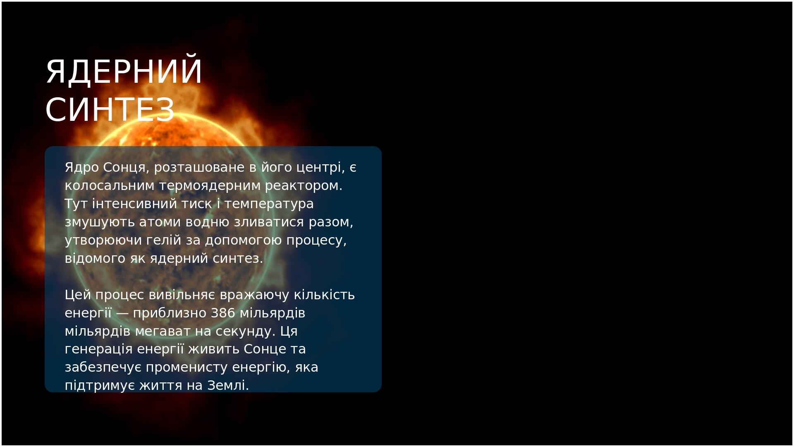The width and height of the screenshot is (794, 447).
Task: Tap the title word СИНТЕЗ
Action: click(x=110, y=109)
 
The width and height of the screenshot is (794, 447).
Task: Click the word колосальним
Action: click(x=110, y=186)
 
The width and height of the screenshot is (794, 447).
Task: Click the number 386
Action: click(x=223, y=313)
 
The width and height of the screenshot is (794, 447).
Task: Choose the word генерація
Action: click(x=99, y=349)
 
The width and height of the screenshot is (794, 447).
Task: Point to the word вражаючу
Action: click(x=255, y=295)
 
